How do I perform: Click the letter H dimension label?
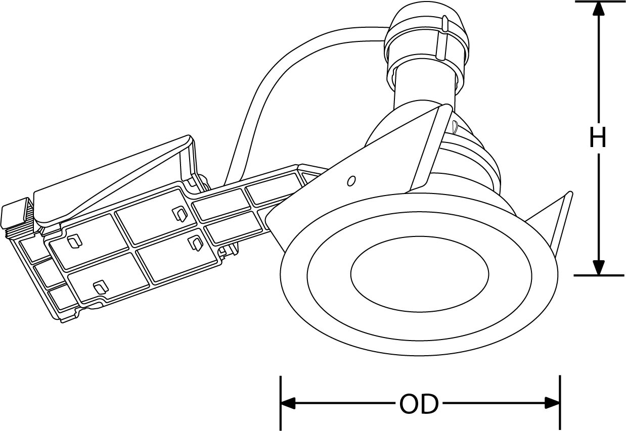pyautogui.click(x=598, y=137)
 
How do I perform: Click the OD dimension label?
pyautogui.click(x=419, y=404)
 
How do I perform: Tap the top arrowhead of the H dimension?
pyautogui.click(x=598, y=9)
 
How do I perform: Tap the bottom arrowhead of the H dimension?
pyautogui.click(x=598, y=268)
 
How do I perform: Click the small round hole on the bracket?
pyautogui.click(x=351, y=181)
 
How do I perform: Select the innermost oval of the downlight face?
pyautogui.click(x=420, y=274)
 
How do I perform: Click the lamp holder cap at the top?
pyautogui.click(x=426, y=36)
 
